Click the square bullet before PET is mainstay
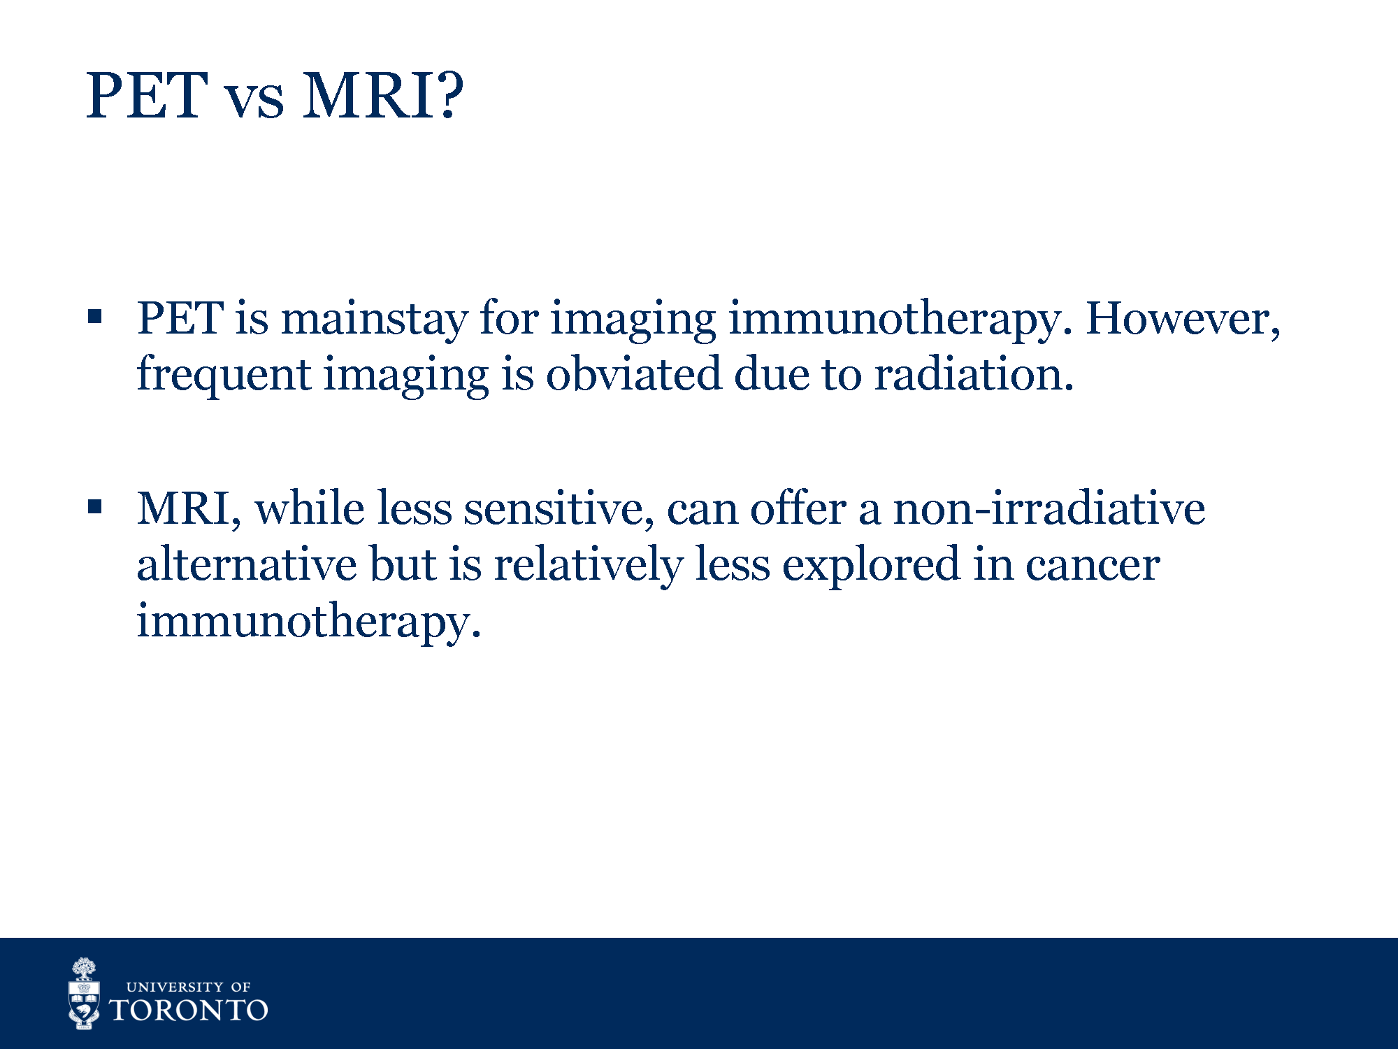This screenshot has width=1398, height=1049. point(95,317)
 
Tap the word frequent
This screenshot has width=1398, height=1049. point(224,376)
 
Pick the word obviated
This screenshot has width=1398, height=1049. point(633,373)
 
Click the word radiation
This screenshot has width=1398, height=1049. point(974,373)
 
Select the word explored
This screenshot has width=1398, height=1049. point(871,566)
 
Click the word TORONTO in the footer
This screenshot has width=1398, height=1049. point(189,1011)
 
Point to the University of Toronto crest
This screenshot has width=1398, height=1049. point(84,994)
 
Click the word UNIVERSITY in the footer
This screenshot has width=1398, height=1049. point(175,987)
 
